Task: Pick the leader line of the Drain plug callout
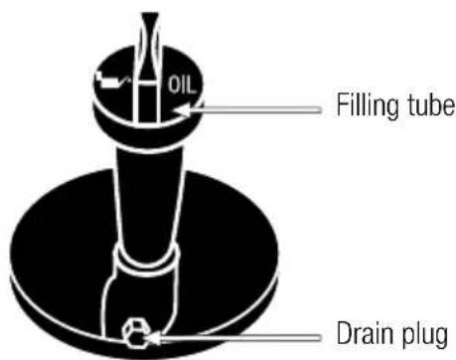coord(238,335)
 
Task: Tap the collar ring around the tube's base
coord(150,265)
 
